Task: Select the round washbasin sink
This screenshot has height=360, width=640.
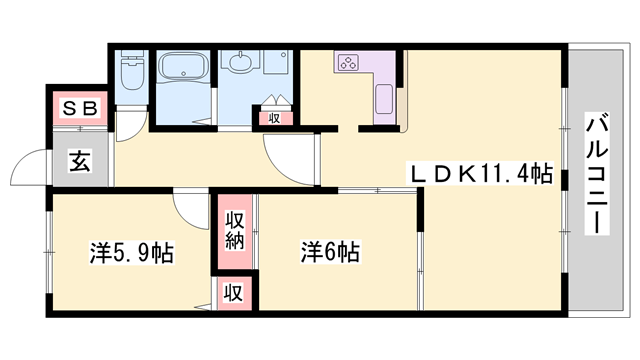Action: point(240,63)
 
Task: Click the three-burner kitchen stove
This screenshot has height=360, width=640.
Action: point(349,64)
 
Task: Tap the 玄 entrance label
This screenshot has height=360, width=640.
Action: point(78,160)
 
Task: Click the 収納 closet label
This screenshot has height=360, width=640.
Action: point(233,231)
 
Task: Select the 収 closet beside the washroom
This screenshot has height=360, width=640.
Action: point(273,117)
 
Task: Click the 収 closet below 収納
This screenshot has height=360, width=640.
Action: point(233,294)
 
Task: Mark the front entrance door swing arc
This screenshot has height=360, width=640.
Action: point(30,165)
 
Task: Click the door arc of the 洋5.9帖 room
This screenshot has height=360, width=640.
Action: point(187,206)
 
